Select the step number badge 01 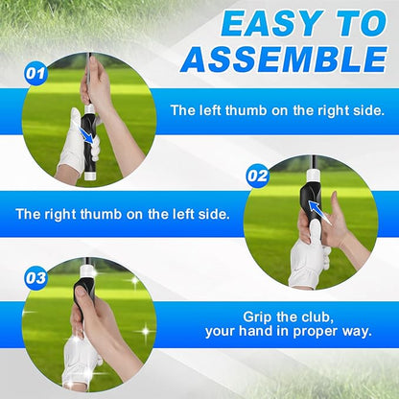tap(35, 72)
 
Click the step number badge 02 tap(257, 176)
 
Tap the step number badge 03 tap(35, 279)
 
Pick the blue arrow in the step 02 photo tap(315, 217)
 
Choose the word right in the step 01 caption tap(324, 110)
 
